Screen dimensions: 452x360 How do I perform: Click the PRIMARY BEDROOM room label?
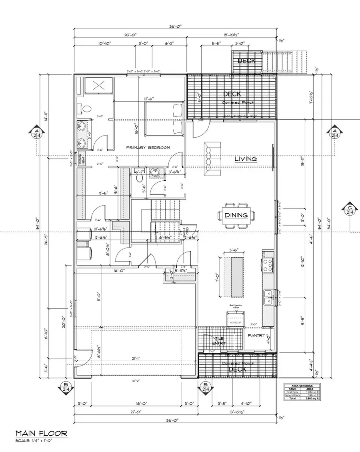(148, 148)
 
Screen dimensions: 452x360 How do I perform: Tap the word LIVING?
(246, 159)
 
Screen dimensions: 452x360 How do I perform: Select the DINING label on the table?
(236, 215)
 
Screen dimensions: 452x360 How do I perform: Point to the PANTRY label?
(257, 336)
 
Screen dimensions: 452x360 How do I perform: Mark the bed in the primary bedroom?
(164, 118)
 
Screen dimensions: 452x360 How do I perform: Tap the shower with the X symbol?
(99, 85)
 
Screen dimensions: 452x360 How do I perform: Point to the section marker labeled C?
(350, 210)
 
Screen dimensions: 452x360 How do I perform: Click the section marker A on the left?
(37, 133)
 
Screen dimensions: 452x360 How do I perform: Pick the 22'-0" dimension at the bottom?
(135, 412)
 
